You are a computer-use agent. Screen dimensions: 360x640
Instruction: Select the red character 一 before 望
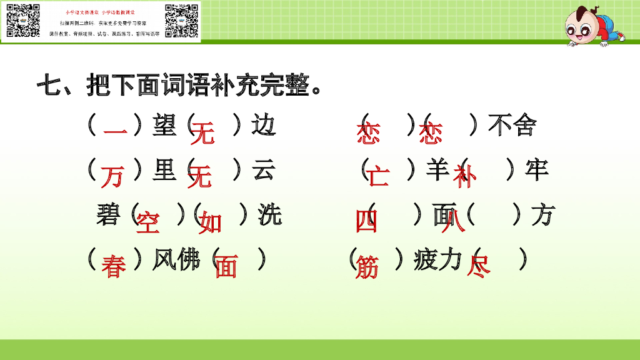tap(115, 132)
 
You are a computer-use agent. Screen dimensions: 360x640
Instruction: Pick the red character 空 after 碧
tap(147, 222)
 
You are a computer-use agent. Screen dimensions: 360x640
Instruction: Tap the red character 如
tap(210, 222)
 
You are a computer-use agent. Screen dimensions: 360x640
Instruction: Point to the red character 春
tap(114, 267)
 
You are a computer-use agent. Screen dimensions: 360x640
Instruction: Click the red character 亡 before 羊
tap(377, 177)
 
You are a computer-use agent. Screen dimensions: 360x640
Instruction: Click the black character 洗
tap(269, 214)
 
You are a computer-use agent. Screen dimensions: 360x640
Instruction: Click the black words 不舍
tap(512, 125)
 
